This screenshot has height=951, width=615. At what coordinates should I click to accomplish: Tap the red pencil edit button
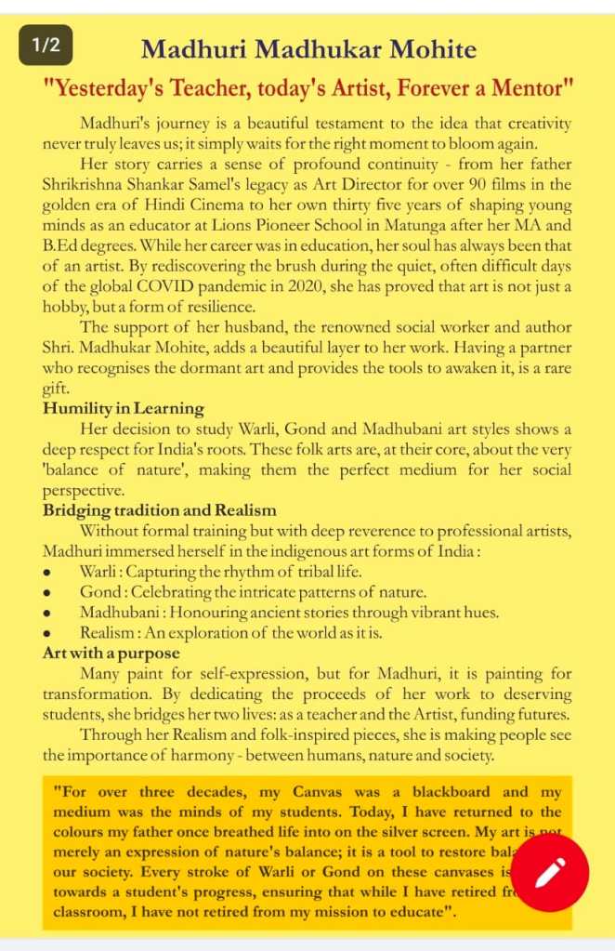coord(551,872)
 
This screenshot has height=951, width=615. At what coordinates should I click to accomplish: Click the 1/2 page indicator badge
coord(46,44)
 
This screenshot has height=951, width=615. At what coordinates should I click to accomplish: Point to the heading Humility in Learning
coord(124,408)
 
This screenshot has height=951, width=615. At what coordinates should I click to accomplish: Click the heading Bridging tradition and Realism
coord(159,510)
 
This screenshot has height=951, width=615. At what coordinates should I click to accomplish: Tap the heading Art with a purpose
coord(111,654)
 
